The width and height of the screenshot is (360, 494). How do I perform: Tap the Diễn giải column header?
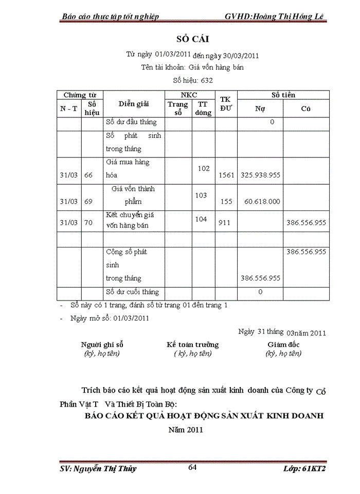tap(134, 104)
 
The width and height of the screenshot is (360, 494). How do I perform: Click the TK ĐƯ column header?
tap(226, 103)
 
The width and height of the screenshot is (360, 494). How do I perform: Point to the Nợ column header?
tap(260, 109)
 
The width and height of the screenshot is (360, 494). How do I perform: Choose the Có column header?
tap(305, 109)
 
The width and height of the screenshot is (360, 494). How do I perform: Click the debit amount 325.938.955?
tap(260, 175)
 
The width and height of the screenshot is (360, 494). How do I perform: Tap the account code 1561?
tap(226, 175)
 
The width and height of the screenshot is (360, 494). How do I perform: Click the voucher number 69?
tap(88, 202)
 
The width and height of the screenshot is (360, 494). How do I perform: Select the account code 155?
tap(226, 202)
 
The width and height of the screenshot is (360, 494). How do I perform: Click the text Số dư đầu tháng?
tap(131, 122)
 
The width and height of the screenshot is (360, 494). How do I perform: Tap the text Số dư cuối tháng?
tap(132, 292)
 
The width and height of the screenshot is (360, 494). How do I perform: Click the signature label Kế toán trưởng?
tap(192, 345)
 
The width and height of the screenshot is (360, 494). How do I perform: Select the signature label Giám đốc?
tap(283, 345)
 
